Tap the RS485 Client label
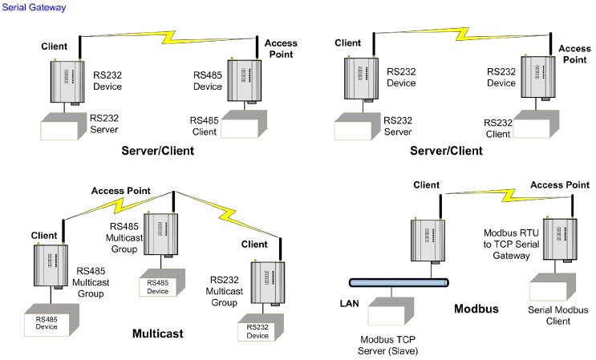point(204,124)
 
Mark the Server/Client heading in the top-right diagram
point(446,150)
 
